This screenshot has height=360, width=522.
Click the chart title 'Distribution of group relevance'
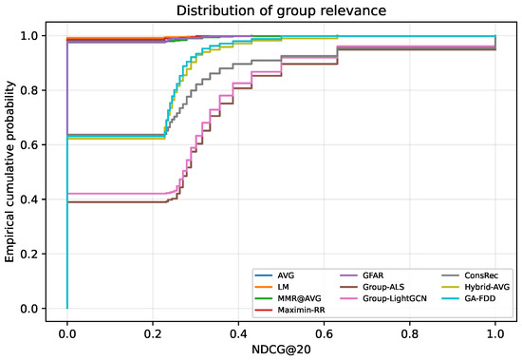point(281,10)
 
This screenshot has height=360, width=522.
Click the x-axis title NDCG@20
point(281,350)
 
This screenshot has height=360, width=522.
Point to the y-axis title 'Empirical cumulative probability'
point(10,172)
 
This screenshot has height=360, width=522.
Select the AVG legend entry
point(274,275)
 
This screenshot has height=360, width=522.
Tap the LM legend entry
point(272,287)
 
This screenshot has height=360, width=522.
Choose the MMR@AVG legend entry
point(288,298)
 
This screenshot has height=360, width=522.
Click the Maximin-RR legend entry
point(290,310)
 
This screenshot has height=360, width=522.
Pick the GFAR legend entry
point(362,275)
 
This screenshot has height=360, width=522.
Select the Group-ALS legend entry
point(372,287)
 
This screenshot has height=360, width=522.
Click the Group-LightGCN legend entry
point(383,298)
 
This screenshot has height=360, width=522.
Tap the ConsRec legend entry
point(470,275)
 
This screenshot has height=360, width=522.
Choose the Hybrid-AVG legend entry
point(475,287)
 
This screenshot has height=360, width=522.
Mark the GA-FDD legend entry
point(469,298)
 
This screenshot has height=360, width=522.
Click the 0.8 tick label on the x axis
point(409,333)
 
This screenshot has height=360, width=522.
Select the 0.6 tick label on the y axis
point(28,145)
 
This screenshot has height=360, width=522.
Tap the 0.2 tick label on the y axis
point(28,254)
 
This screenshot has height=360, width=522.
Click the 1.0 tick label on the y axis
point(28,36)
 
